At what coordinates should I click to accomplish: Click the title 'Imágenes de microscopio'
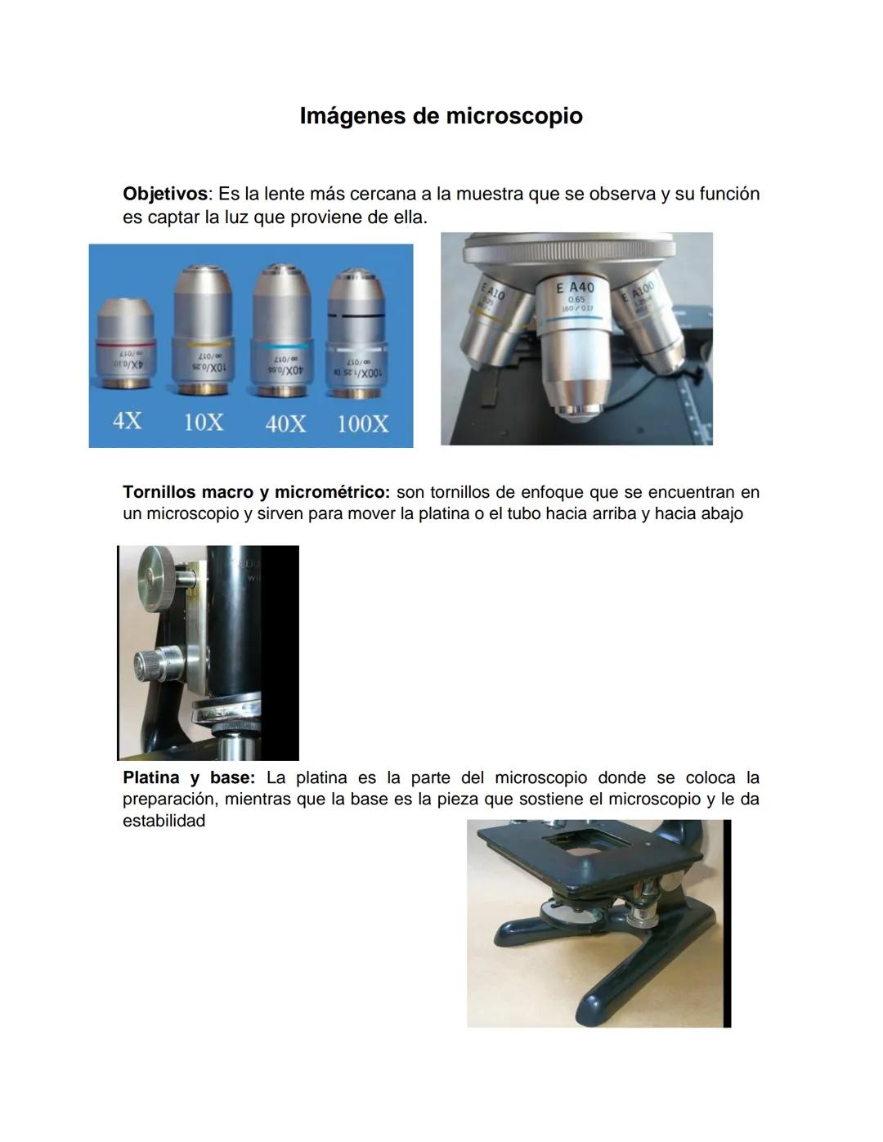[x=441, y=116]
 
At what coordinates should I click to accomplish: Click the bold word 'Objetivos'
[x=164, y=195]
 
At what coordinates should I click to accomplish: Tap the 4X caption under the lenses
[x=127, y=422]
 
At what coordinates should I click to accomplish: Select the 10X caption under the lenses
[x=203, y=423]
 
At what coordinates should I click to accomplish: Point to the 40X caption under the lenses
[x=285, y=423]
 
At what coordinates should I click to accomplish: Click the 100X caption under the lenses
[x=363, y=423]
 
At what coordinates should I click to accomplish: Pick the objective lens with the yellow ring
[x=203, y=327]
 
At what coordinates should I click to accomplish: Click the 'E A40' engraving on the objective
[x=576, y=288]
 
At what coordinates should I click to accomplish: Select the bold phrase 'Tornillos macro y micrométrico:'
[x=257, y=492]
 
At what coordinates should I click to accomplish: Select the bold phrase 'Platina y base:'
[x=189, y=777]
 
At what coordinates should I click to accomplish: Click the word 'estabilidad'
[x=164, y=821]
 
